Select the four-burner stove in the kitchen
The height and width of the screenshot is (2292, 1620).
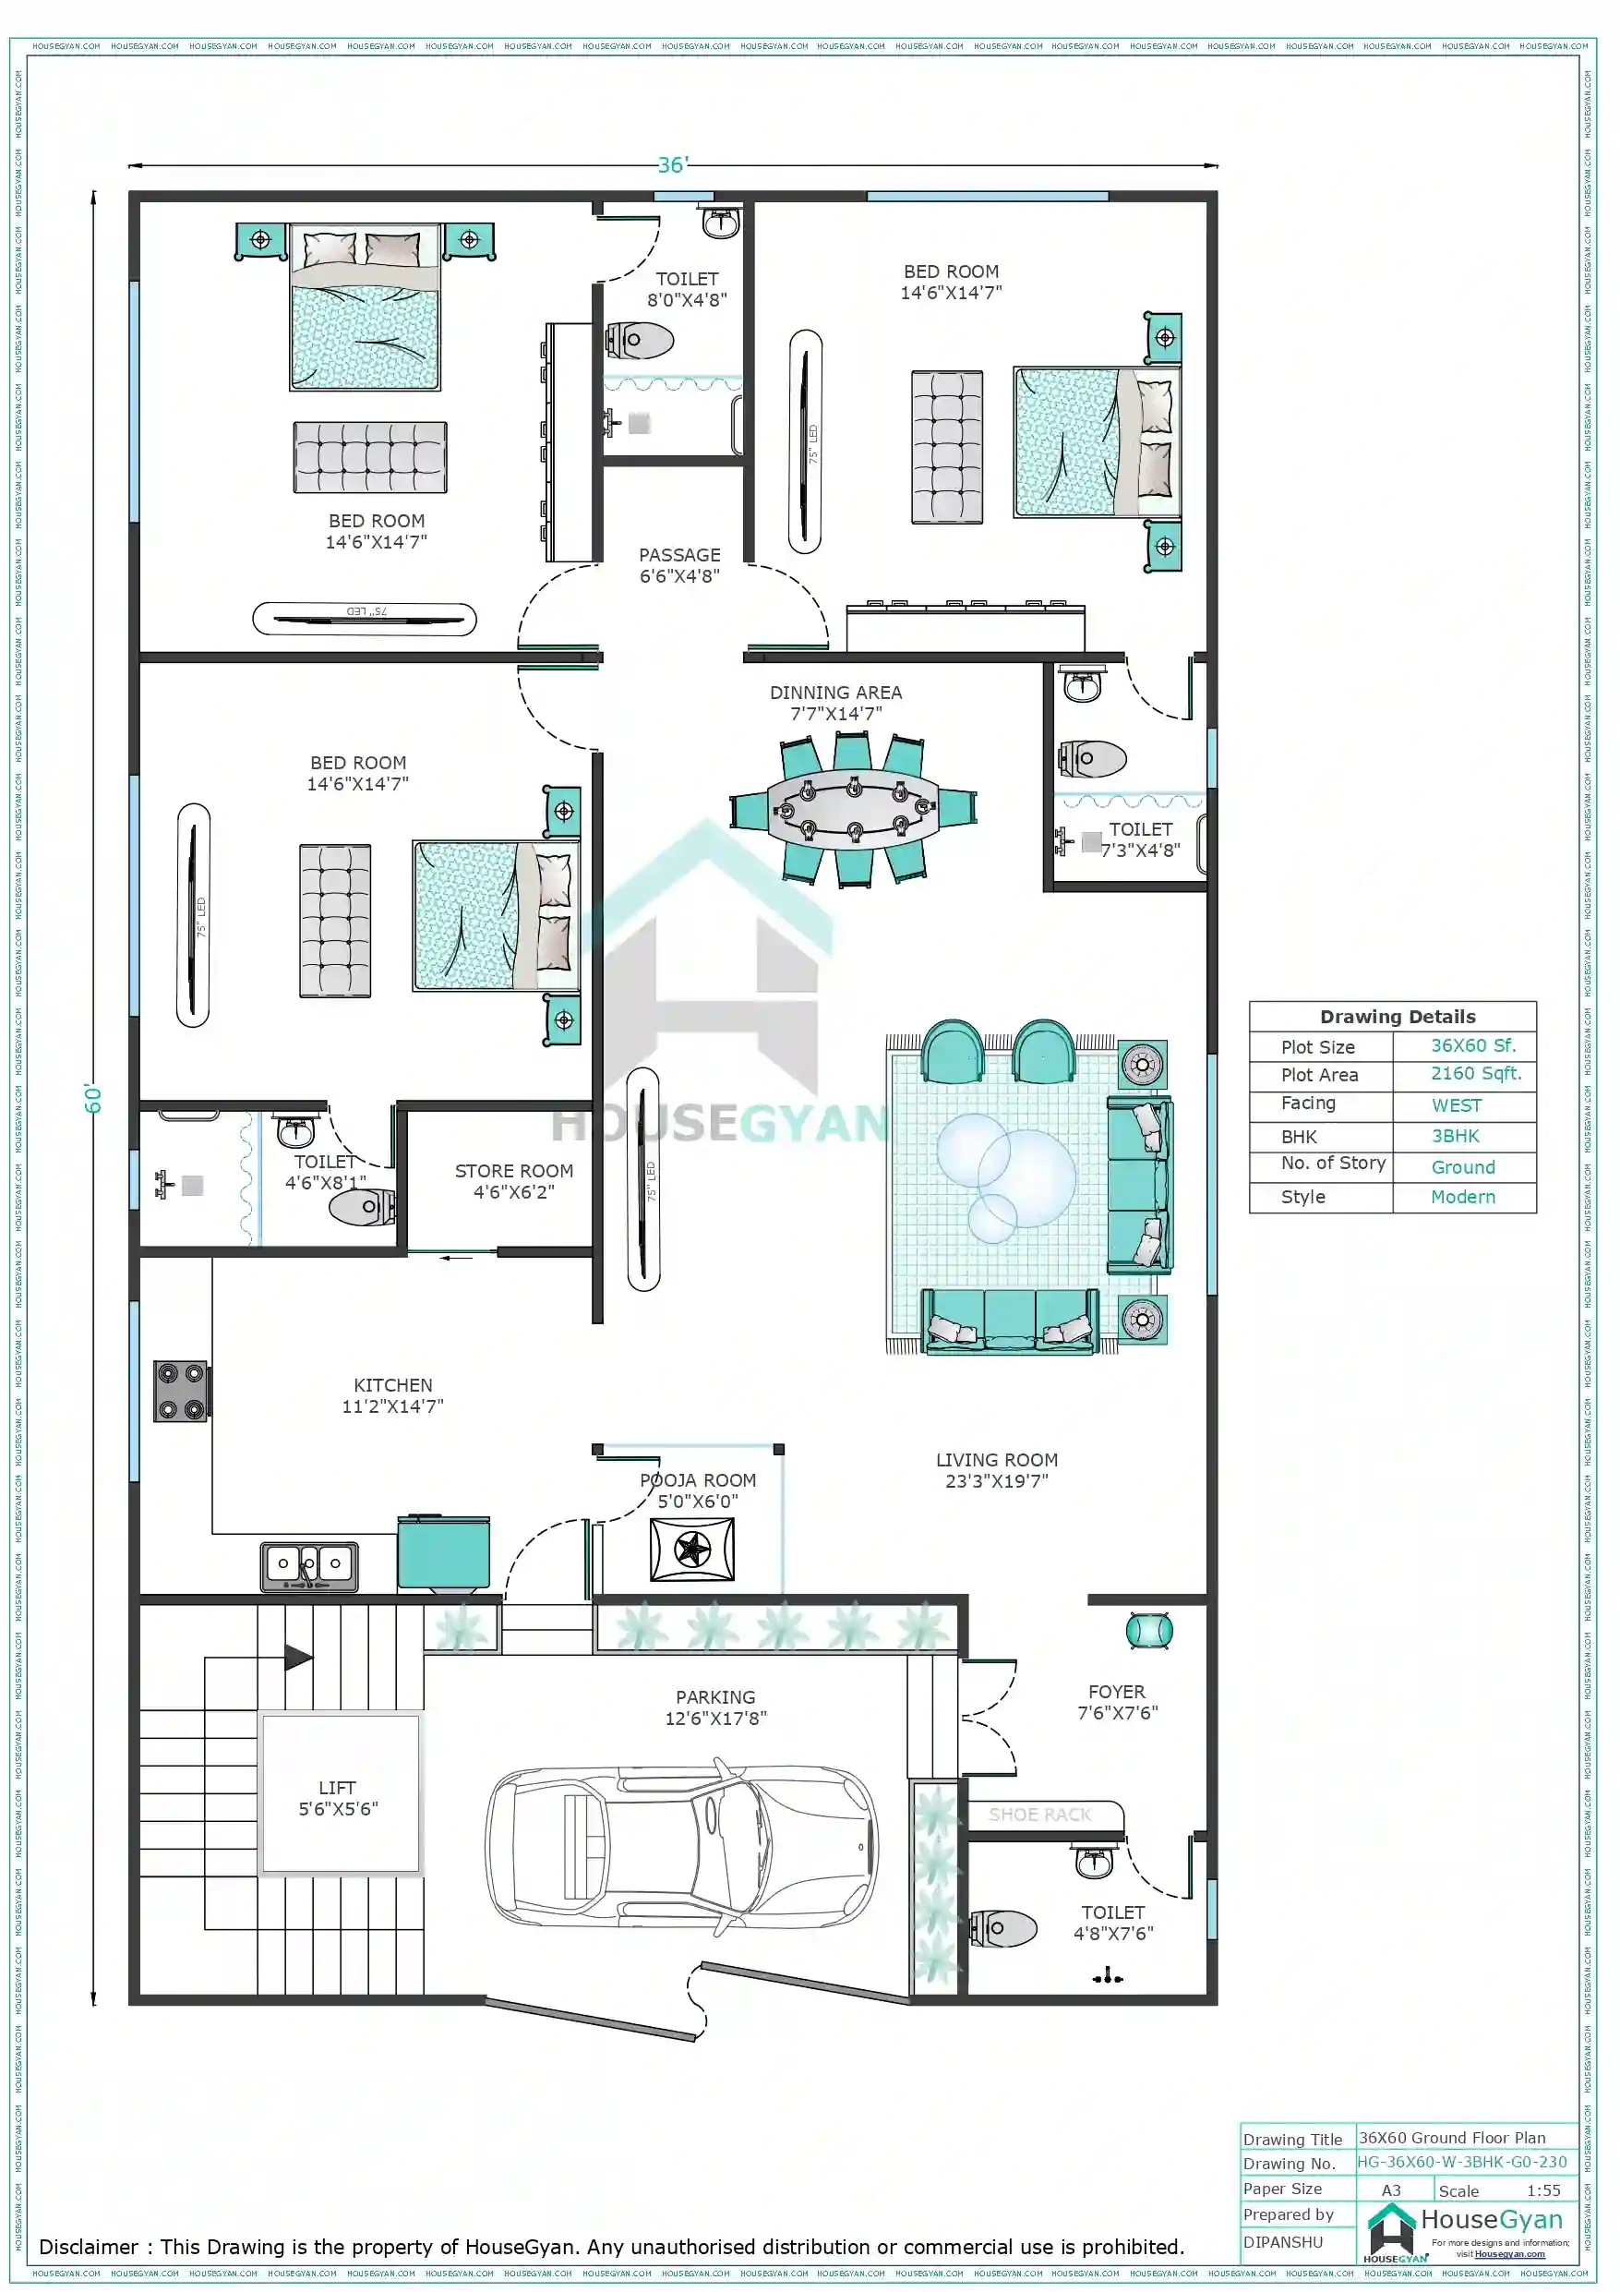[x=181, y=1391]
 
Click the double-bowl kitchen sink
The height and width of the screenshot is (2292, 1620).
[x=309, y=1565]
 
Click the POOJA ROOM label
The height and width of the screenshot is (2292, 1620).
[x=698, y=1480]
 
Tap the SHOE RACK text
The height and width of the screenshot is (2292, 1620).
[x=1039, y=1815]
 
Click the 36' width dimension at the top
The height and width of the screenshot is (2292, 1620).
[x=673, y=164]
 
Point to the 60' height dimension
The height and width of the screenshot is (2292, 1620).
[x=93, y=1098]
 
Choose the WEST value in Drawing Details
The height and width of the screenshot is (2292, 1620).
[x=1457, y=1106]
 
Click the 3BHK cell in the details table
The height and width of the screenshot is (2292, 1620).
[x=1456, y=1136]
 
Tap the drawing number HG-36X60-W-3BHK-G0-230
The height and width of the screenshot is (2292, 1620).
[x=1462, y=2162]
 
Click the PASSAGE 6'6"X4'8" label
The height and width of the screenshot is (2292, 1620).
[x=679, y=565]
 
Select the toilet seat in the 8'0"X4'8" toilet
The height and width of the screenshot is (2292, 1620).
[x=641, y=341]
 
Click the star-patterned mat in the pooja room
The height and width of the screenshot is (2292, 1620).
[x=691, y=1550]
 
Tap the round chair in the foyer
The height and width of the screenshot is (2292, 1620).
[x=1148, y=1631]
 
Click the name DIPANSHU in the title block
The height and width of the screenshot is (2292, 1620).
[x=1283, y=2242]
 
